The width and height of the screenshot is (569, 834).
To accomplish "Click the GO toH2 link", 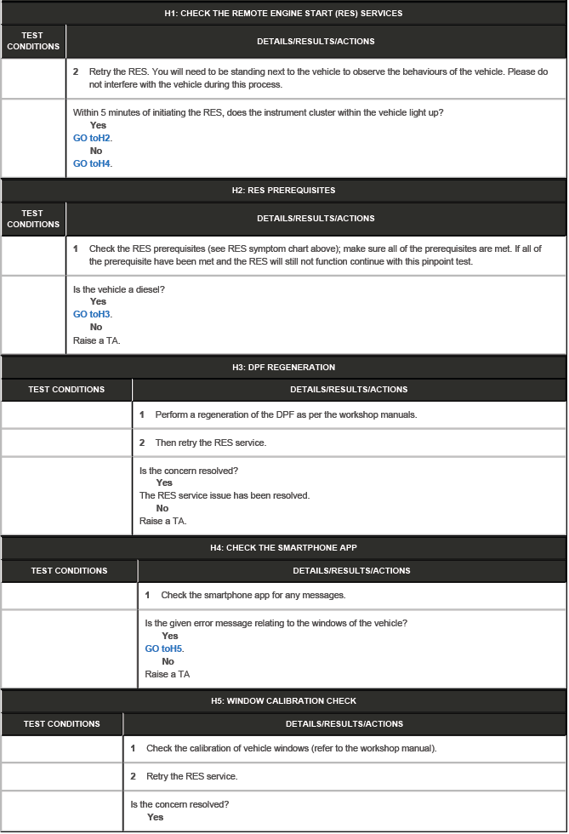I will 93,138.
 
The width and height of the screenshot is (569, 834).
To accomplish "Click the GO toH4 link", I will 93,163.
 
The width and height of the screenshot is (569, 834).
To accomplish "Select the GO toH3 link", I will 93,314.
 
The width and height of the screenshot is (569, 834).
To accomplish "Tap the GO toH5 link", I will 164,648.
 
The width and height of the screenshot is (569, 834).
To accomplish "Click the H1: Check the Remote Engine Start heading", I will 283,14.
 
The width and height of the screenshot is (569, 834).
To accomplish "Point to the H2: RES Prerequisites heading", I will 283,191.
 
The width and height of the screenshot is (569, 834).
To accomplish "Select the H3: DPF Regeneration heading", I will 283,368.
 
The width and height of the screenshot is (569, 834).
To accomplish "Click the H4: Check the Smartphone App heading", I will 283,548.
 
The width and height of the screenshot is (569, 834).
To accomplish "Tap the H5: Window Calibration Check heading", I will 283,701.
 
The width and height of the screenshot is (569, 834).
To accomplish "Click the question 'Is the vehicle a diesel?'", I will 119,289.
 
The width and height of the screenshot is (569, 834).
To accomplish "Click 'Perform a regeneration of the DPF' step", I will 285,414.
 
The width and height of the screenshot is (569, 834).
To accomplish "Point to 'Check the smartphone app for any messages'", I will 253,595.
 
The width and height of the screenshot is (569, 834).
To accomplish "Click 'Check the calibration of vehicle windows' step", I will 291,749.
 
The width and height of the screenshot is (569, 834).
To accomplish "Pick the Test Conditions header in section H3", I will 66,390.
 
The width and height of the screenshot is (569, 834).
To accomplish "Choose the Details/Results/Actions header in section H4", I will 351,570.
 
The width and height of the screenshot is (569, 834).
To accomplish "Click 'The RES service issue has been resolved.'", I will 225,495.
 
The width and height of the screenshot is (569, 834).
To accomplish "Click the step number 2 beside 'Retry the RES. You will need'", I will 76,71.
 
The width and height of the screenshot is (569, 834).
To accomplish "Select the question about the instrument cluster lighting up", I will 258,112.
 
